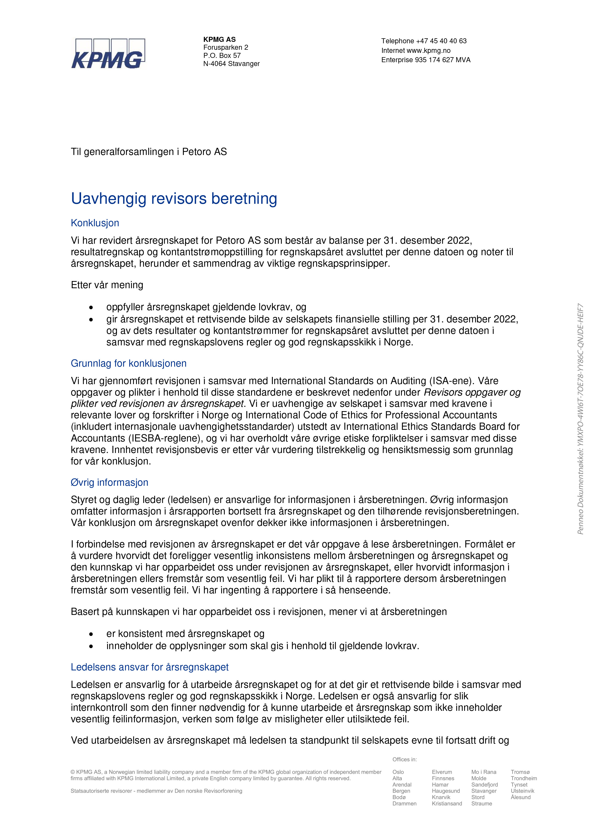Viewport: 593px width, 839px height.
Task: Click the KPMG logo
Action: (108, 54)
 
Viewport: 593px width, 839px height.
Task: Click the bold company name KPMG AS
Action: (219, 39)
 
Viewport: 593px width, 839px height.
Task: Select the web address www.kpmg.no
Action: (428, 50)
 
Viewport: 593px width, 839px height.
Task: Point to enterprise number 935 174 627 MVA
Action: (442, 60)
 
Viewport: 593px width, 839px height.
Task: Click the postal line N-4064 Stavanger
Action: (231, 64)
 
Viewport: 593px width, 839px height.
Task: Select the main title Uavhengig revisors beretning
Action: (174, 199)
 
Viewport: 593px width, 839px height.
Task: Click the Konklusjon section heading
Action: (95, 223)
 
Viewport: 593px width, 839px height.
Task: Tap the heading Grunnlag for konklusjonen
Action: (129, 363)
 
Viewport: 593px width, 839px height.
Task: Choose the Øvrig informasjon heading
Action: (110, 482)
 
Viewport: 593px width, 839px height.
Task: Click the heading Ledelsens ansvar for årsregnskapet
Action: (149, 667)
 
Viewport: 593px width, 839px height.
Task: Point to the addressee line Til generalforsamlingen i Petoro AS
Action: (149, 152)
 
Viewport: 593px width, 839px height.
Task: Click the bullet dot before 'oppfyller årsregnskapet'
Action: (91, 308)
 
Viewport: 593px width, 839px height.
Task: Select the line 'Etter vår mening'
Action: (107, 285)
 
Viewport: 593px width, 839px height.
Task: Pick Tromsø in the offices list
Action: (520, 772)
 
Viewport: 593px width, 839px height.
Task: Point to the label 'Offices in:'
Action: (405, 759)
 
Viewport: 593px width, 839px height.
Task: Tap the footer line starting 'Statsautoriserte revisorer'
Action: (156, 791)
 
